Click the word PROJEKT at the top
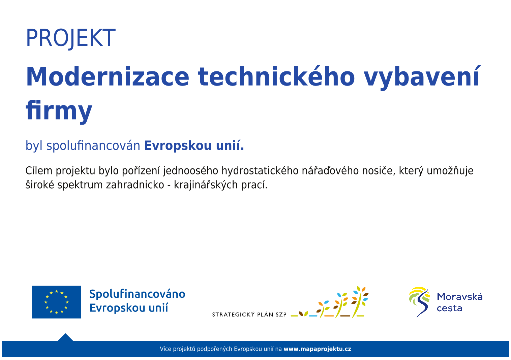point(71,38)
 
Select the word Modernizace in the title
point(108,76)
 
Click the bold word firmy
point(59,110)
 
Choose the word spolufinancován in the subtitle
point(93,146)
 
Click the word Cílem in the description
point(39,171)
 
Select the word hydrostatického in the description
point(260,171)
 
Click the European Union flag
point(57,302)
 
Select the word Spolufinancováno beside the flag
point(137,294)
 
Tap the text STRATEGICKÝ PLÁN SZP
point(249,315)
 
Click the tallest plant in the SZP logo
point(360,302)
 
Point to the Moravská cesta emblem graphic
point(419,302)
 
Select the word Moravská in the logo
point(460,297)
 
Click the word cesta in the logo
point(449,308)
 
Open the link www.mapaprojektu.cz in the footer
point(317,349)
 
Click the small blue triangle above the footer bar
point(65,338)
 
